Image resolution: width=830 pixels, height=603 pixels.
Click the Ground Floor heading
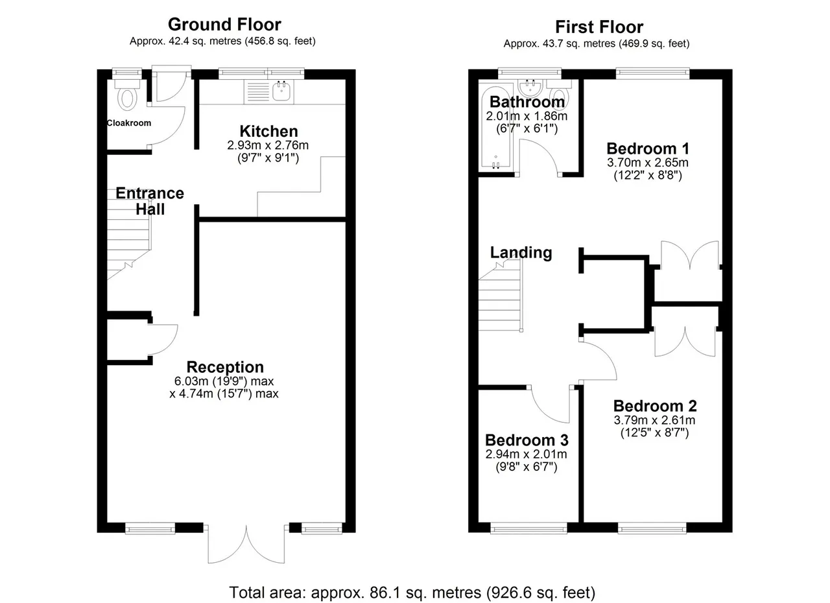[x=224, y=25]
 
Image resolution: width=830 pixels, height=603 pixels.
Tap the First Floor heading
[x=599, y=27]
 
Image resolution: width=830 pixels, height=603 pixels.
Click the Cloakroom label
[x=129, y=123]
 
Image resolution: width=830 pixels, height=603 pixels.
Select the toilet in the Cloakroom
[x=126, y=95]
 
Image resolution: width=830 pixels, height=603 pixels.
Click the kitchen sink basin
[x=282, y=91]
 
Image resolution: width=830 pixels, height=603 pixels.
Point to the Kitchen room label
[x=268, y=132]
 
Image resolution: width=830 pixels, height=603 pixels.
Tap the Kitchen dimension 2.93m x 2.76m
[x=268, y=145]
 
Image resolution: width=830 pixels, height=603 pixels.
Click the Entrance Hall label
[x=150, y=201]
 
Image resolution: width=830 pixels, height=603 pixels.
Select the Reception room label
[x=225, y=367]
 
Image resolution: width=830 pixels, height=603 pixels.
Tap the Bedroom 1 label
[x=648, y=149]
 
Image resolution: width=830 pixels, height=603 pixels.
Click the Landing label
[x=521, y=253]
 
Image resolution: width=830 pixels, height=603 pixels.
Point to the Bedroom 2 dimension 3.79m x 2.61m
[x=654, y=420]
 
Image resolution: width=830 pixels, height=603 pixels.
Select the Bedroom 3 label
[x=527, y=440]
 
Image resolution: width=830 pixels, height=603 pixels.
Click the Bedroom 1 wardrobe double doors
[x=689, y=255]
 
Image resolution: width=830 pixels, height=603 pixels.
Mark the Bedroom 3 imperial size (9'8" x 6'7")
[x=526, y=467]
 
